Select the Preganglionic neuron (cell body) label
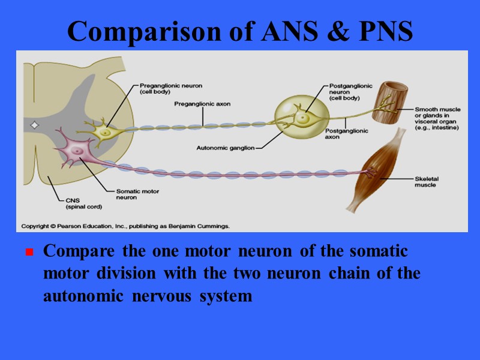163,88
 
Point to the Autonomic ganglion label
226,147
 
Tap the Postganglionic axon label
346,134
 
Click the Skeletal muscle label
425,182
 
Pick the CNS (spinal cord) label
83,203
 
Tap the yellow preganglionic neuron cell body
105,130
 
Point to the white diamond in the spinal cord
34,125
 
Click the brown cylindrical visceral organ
390,103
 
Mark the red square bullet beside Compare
28,253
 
